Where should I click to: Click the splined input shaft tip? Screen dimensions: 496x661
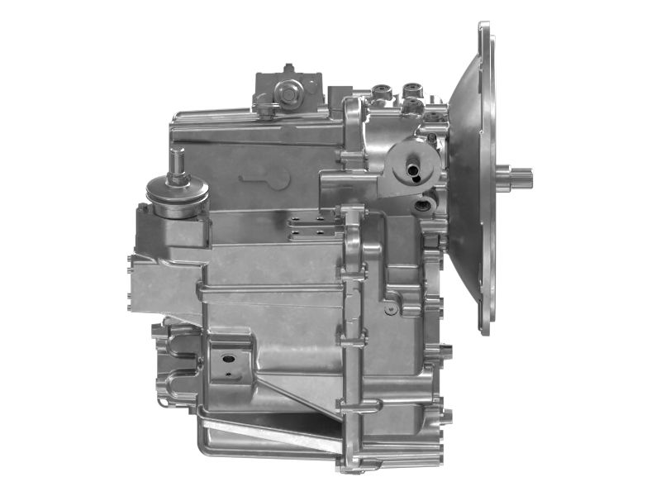(521, 176)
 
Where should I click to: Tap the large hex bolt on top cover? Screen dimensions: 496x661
(288, 94)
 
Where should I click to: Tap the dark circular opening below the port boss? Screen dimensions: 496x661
(426, 203)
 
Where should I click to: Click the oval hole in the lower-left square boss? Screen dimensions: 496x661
(225, 360)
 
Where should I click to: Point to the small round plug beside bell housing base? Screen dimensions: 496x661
(390, 308)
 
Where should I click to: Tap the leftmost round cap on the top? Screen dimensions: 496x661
(382, 88)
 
